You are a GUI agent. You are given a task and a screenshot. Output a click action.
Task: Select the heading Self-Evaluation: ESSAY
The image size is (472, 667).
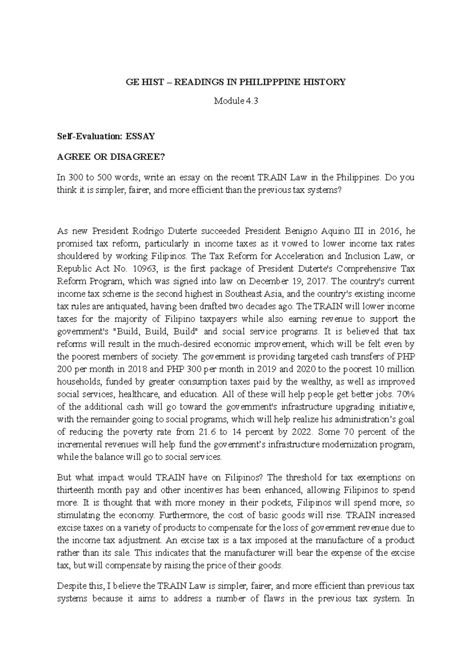pos(106,136)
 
